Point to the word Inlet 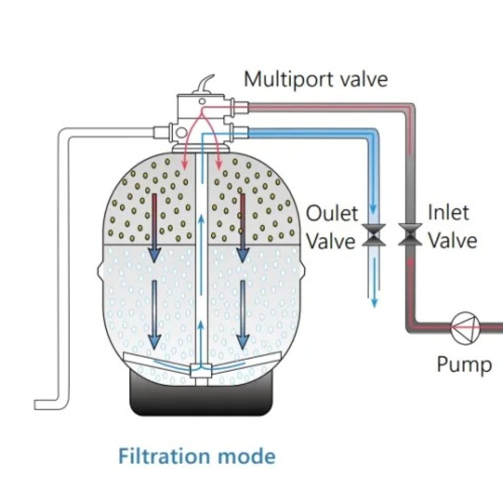point(448,213)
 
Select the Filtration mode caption point(197,456)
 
